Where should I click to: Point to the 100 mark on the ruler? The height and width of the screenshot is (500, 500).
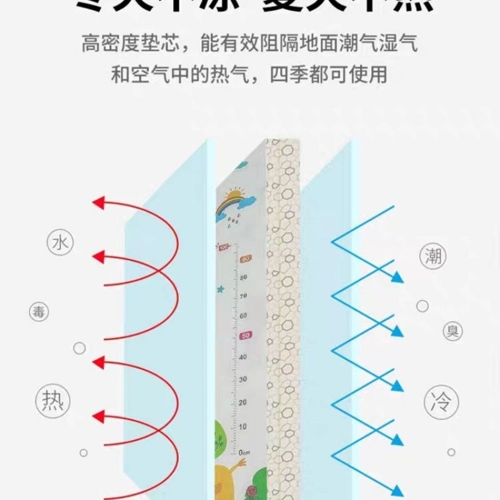click(x=224, y=247)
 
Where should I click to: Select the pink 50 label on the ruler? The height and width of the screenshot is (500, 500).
click(x=246, y=336)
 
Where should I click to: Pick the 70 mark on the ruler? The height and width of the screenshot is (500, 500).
click(x=244, y=296)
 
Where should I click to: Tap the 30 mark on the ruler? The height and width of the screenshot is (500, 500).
click(x=243, y=379)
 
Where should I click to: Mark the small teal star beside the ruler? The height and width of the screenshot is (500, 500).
click(x=221, y=289)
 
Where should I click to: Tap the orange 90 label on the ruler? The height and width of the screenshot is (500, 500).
click(x=246, y=259)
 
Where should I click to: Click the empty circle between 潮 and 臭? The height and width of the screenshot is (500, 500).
click(x=422, y=306)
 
